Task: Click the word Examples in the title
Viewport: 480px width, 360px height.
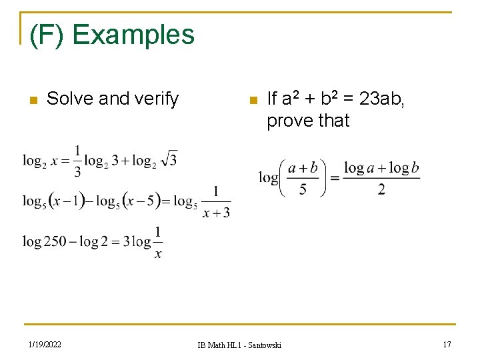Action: click(x=133, y=35)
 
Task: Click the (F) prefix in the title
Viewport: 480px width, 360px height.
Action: click(x=47, y=35)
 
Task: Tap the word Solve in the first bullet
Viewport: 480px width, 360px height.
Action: click(x=70, y=99)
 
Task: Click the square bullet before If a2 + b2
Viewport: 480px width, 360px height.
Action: click(x=252, y=101)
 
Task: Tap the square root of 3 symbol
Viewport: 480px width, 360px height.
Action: click(x=169, y=159)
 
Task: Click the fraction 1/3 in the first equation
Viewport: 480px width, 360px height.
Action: click(x=79, y=161)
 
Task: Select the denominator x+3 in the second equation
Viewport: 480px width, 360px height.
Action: click(x=216, y=213)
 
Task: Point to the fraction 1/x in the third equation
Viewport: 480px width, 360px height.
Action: click(x=157, y=242)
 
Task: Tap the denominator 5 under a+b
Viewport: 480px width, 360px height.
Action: click(x=303, y=189)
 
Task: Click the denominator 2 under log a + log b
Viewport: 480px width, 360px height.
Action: click(x=381, y=189)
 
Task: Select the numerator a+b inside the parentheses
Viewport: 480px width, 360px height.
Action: click(x=303, y=168)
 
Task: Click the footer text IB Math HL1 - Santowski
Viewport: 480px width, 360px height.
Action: click(x=239, y=345)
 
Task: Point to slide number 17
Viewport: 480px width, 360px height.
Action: click(x=447, y=344)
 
